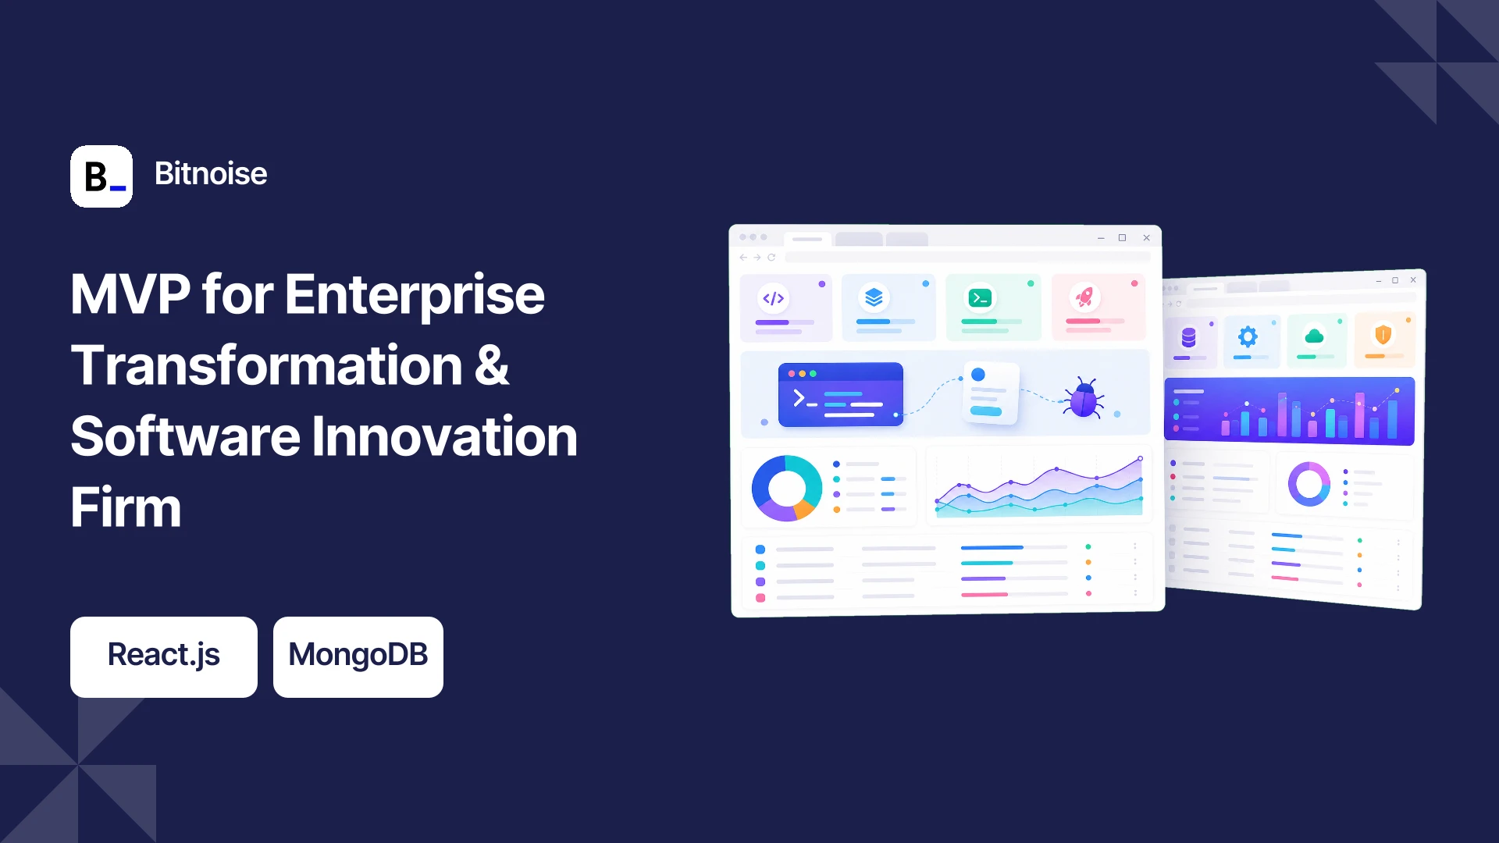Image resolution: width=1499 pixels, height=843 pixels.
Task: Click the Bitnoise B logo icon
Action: point(101,176)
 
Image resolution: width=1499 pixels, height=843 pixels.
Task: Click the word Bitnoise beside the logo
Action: point(211,173)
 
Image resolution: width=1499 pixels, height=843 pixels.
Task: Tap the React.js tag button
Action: point(164,657)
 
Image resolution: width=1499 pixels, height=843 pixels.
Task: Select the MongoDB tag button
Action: point(358,657)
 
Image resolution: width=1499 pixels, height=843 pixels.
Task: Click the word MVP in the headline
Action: point(130,294)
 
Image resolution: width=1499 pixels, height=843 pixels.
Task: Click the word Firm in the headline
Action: point(126,507)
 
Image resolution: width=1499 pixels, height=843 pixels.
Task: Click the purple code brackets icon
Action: point(774,298)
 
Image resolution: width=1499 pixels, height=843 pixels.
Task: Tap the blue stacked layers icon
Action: point(874,297)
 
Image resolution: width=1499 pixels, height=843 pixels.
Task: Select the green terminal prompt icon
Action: point(980,297)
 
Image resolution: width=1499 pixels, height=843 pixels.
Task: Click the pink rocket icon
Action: point(1084,297)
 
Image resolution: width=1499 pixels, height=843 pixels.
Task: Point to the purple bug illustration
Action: point(1084,398)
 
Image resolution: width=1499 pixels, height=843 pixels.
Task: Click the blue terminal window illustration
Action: point(841,394)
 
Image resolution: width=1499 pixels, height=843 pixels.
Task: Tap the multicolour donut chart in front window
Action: point(787,489)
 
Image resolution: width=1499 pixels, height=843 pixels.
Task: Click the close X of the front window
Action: point(1146,238)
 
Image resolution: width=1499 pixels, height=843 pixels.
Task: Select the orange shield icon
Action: point(1383,335)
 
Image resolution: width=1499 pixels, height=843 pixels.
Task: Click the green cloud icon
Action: point(1315,336)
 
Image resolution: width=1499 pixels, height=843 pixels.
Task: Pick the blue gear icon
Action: point(1248,336)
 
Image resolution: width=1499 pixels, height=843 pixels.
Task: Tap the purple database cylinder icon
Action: point(1188,337)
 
